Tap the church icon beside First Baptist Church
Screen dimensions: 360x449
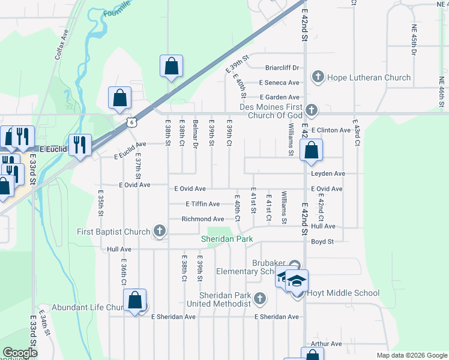coord(159,231)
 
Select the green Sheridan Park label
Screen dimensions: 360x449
coord(226,239)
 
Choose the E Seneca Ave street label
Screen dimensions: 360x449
coord(279,83)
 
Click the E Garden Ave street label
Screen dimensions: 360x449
coord(279,97)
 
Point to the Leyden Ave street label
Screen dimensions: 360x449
coord(328,173)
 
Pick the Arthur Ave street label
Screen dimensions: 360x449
coord(326,344)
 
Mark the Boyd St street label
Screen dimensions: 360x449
coord(322,241)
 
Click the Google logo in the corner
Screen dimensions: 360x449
coord(20,353)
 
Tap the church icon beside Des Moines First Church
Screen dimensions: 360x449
coord(311,109)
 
